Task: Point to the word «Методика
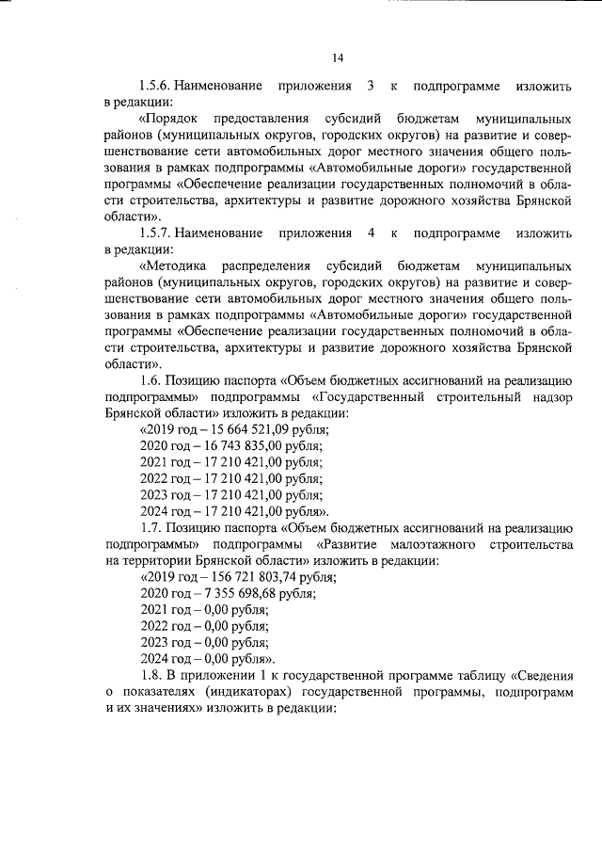[x=172, y=266]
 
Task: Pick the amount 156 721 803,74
[x=252, y=577]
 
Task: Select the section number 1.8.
[x=150, y=675]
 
